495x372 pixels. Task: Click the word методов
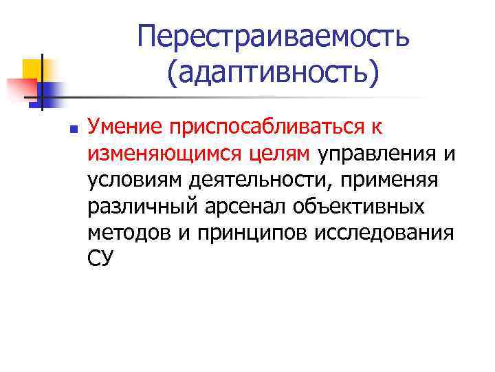126,231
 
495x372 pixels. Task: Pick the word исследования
384,231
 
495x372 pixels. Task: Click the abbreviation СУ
100,258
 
